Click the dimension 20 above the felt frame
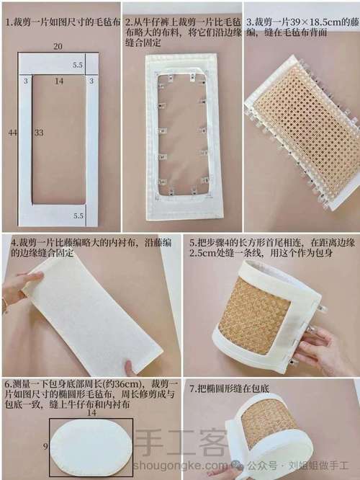click(x=58, y=47)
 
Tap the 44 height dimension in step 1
click(x=12, y=133)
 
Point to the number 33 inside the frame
click(x=39, y=133)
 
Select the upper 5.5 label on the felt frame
click(x=78, y=65)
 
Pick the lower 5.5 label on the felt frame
click(x=78, y=215)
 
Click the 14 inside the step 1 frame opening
click(x=59, y=81)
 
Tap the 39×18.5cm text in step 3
click(x=310, y=22)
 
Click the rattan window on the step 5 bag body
click(x=254, y=315)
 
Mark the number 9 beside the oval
click(x=45, y=447)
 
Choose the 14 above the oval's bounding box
click(x=91, y=412)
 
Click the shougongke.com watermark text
click(x=181, y=466)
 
